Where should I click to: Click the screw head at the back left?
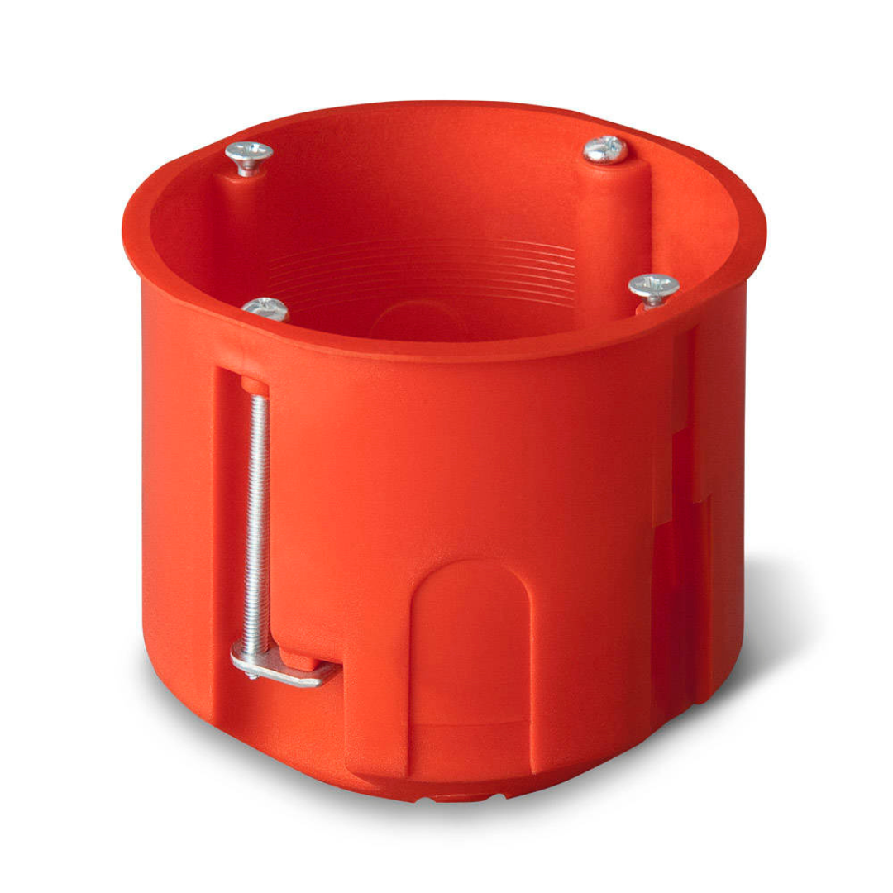[249, 152]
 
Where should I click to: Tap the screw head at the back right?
[604, 150]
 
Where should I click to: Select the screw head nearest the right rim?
[653, 286]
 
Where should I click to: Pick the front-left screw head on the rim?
[265, 308]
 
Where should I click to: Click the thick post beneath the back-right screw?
[612, 223]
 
